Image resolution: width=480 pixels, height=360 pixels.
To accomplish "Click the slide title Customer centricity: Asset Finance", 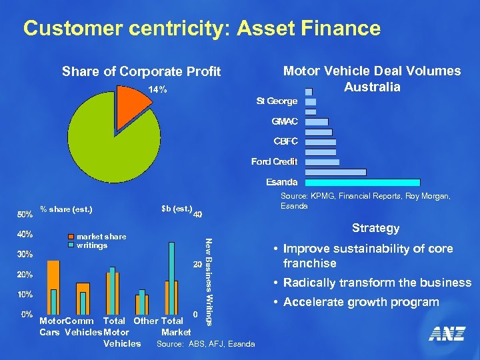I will [x=201, y=29].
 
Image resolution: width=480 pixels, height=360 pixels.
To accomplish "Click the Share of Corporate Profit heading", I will [x=141, y=72].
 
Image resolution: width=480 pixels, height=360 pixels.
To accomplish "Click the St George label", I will [x=277, y=101].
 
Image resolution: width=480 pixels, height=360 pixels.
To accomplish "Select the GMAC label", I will [x=285, y=121].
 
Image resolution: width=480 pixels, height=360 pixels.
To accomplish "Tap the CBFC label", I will [x=285, y=141].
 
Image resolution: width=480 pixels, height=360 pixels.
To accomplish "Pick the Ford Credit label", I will [x=274, y=161].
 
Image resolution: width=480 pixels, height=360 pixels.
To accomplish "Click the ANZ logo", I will [x=446, y=334].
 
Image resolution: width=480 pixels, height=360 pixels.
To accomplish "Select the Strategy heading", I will [x=375, y=228].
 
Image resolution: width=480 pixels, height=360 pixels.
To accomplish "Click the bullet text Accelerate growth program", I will [x=361, y=302].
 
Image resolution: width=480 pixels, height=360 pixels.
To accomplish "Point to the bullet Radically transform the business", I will [x=377, y=283].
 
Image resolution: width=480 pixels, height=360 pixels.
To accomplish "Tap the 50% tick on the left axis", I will [x=25, y=215].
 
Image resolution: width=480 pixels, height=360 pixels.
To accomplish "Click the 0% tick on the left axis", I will [x=27, y=314].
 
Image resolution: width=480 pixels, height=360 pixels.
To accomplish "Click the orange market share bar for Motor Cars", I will [x=53, y=287].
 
